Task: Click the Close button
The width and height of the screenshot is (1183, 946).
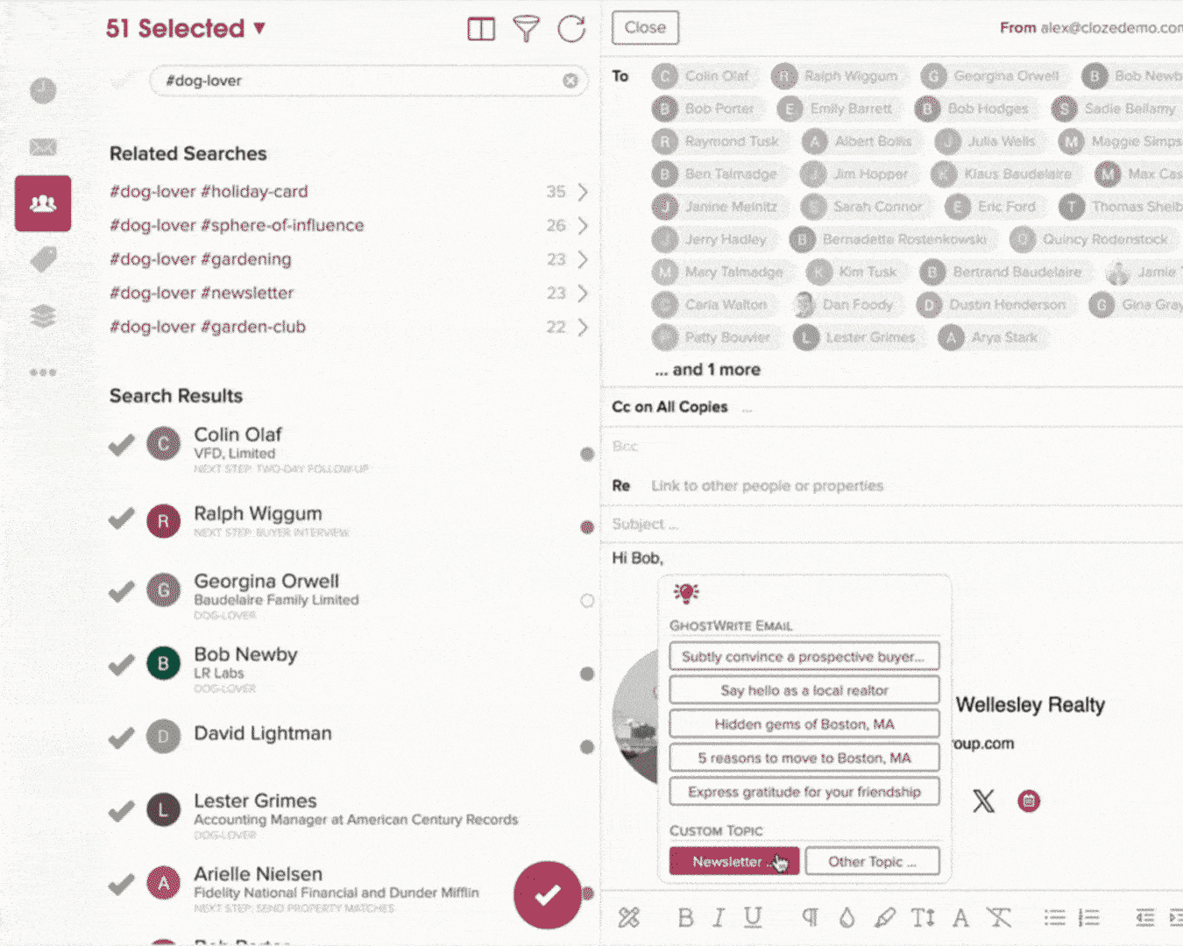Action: (x=645, y=28)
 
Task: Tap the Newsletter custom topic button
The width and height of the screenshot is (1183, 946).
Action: (x=733, y=861)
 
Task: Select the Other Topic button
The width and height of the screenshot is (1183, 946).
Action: (x=872, y=861)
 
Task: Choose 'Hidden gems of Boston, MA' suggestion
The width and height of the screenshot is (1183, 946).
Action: (x=804, y=724)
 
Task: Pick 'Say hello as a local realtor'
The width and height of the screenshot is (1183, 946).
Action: (x=804, y=690)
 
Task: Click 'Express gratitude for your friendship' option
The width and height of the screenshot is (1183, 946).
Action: (x=804, y=792)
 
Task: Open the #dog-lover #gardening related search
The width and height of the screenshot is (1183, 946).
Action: (x=201, y=259)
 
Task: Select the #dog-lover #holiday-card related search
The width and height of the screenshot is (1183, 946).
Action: (x=209, y=191)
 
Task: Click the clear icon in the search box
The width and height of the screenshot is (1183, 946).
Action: (x=570, y=81)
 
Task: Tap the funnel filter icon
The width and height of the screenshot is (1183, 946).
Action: (x=526, y=28)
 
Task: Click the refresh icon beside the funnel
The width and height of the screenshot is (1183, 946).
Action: (x=571, y=28)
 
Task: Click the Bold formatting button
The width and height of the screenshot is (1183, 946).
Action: (x=685, y=917)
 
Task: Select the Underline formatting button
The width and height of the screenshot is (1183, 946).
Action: (x=753, y=917)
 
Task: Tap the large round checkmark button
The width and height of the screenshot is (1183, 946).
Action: (x=548, y=894)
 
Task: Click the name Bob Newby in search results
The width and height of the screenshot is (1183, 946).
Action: (x=245, y=654)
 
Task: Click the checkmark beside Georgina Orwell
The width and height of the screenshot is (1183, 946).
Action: (x=121, y=592)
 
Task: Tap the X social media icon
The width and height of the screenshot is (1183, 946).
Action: (x=983, y=801)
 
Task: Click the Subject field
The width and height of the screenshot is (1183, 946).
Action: (x=876, y=524)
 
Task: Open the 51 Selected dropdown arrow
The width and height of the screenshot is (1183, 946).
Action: (x=259, y=28)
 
